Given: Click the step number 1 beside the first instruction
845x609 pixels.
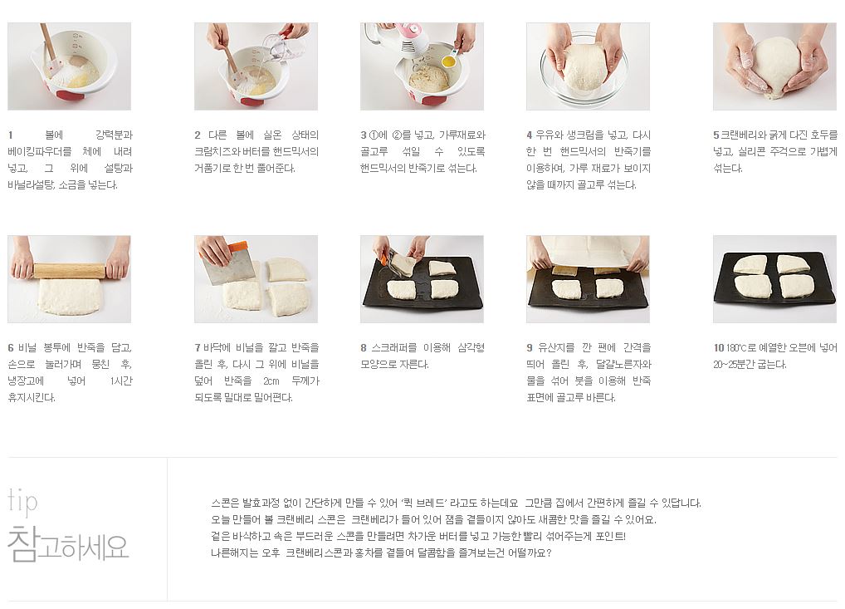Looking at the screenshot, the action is pos(10,135).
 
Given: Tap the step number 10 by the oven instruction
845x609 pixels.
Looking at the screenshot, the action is pos(718,348).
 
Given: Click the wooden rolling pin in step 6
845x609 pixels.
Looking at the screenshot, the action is pos(70,271).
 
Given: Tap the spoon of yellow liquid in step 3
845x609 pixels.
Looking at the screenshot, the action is pos(448,61).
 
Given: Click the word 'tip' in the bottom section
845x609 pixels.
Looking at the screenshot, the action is pos(22,501).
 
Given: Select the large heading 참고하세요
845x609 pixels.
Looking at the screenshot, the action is pos(68,545).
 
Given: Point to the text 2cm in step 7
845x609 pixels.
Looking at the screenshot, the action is pos(271,381).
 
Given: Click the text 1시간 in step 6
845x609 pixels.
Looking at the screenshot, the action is pos(122,381).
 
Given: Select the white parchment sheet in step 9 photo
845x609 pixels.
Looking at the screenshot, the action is pos(589,251).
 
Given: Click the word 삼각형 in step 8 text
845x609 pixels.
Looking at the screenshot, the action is pos(471,348).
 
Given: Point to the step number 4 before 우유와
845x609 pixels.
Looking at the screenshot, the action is pos(530,135).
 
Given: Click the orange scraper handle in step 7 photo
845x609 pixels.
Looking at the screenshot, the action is pos(237,248).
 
